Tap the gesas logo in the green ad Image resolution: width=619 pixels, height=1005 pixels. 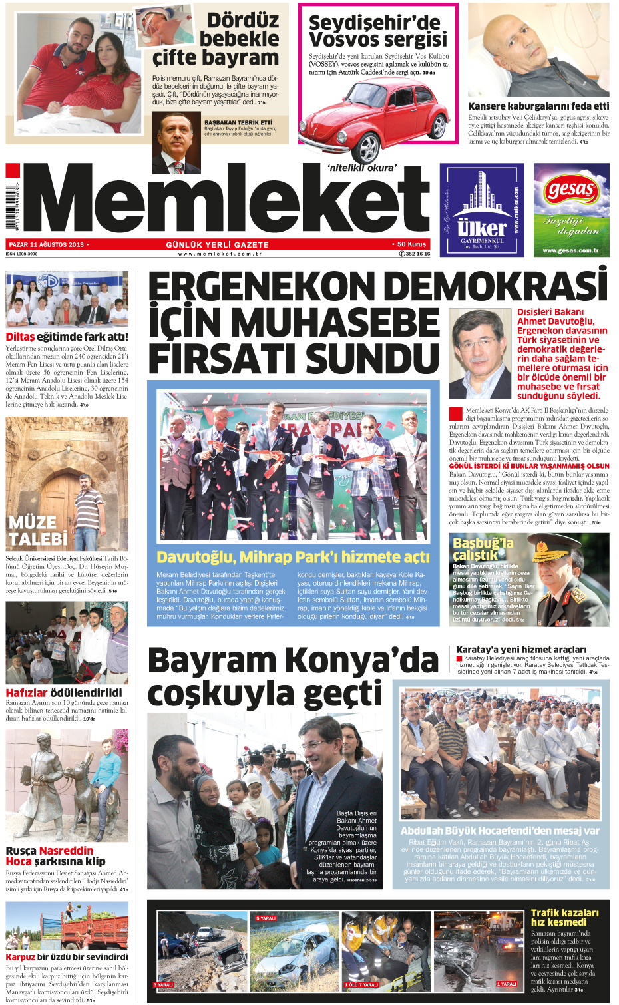pos(570,191)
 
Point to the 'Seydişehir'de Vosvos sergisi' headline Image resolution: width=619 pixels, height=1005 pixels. pos(377,31)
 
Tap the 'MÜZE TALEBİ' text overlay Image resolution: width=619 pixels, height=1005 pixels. pos(37,530)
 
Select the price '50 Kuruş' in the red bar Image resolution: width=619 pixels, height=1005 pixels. pos(411,244)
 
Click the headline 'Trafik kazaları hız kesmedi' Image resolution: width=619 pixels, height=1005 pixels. pos(564,917)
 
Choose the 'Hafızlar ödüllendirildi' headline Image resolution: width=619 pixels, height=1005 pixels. pos(64,692)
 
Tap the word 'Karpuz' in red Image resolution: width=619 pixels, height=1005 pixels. pos(20,956)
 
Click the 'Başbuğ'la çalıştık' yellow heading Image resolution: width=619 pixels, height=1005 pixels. pos(483,548)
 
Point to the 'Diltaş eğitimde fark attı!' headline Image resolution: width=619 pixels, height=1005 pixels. pos(67,337)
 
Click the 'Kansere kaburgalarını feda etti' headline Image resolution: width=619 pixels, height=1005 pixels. pos(538,106)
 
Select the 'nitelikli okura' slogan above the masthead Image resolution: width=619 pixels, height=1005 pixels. pos(361,168)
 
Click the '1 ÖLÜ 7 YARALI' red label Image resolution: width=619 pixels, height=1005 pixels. pos(361,984)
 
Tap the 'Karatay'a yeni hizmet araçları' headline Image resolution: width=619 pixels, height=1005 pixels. pos(521,649)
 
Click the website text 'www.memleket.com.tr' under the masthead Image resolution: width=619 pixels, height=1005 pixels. pos(220,254)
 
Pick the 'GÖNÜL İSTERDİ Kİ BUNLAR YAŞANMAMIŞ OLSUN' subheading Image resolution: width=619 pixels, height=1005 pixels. pos(529,466)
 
